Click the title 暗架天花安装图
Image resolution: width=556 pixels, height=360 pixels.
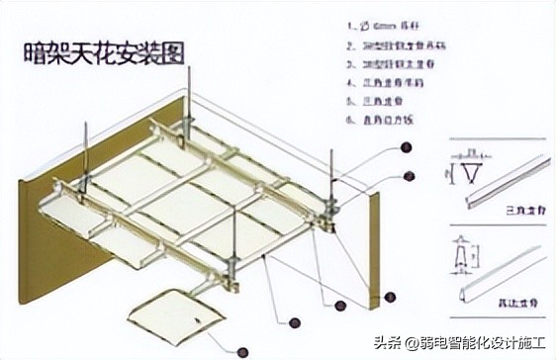(104, 53)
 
